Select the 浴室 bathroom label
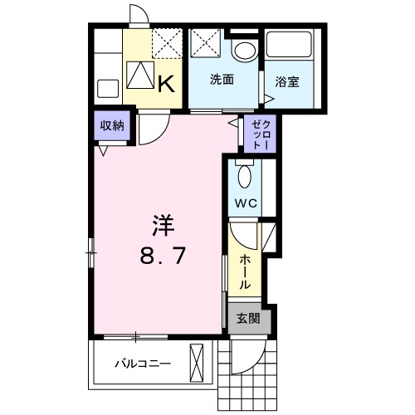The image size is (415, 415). (287, 82)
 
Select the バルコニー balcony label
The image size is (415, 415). (142, 364)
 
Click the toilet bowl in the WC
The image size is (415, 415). (244, 176)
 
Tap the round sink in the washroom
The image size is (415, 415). (244, 51)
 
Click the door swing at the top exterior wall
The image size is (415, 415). (140, 16)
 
